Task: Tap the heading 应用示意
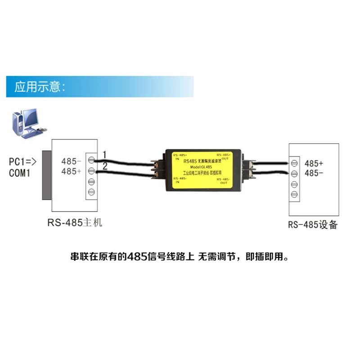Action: tap(41, 86)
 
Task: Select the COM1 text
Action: tap(20, 173)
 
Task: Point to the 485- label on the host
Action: tap(71, 161)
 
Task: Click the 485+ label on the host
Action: tap(71, 171)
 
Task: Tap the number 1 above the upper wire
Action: tap(104, 154)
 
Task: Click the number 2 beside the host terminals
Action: tap(104, 166)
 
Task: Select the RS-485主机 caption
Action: tap(75, 222)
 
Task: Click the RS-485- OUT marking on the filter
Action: tap(223, 180)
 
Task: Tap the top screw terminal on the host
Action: tap(91, 160)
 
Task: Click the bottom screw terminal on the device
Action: tap(294, 194)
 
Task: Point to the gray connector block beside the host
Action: tap(46, 175)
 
